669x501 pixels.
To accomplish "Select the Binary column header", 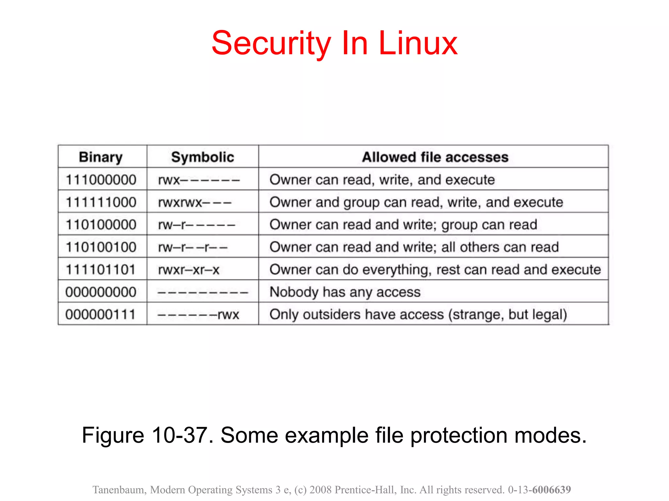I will point(101,157).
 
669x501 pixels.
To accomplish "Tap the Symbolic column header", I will point(203,157).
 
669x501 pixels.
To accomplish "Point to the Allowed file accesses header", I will point(435,157).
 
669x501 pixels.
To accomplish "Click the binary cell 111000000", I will point(101,180).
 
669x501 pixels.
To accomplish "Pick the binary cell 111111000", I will point(101,202).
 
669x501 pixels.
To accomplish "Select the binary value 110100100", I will point(101,247).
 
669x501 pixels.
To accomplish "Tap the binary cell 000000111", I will point(100,314).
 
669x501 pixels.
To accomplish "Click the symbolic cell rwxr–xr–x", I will point(188,270).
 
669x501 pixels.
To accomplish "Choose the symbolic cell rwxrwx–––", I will point(195,202).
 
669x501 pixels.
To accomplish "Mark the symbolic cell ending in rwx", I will point(198,314).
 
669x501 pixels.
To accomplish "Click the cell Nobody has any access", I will point(345,292).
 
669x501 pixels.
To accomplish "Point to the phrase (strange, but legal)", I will point(507,314).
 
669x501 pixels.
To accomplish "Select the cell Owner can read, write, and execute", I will point(382,180).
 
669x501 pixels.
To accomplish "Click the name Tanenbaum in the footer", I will point(119,490).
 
